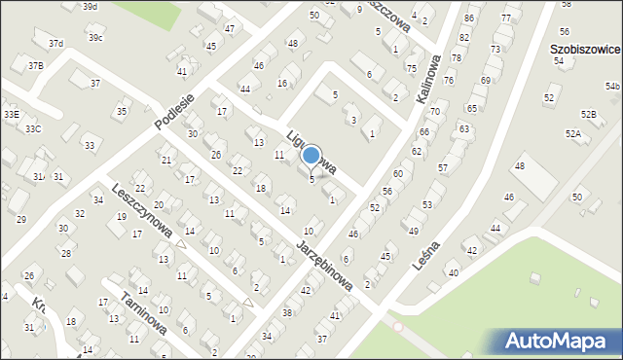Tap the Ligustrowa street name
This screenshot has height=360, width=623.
pos(311,152)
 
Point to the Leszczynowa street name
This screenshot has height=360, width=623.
pos(142,210)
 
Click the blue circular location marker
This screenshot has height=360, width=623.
pos(311,155)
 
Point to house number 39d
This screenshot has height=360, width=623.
pos(90,7)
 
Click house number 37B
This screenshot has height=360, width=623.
pos(35,65)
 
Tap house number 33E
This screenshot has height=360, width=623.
pos(11,114)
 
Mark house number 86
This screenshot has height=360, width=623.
pos(469,18)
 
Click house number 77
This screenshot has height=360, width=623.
pos(505,18)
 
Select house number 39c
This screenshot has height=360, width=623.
pos(94,37)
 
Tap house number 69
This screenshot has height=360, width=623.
pos(485,80)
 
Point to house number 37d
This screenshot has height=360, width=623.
pos(56,43)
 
